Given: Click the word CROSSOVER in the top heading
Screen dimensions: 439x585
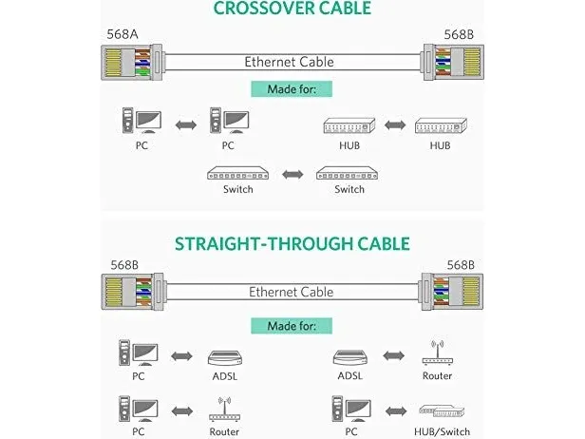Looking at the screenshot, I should coord(258,10).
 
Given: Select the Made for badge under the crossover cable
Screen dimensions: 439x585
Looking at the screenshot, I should coord(292,90).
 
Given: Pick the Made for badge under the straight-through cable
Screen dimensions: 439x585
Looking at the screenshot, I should coord(292,327).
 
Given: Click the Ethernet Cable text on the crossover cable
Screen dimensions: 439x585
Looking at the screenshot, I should coord(289,63).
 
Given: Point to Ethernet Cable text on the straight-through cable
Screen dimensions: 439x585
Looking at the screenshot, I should coord(291,292).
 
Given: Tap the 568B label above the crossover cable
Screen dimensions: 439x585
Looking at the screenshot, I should coord(460,34).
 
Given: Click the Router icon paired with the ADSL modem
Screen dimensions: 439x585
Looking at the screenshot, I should coord(439,353).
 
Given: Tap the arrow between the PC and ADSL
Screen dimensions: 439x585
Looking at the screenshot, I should coord(180,357).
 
